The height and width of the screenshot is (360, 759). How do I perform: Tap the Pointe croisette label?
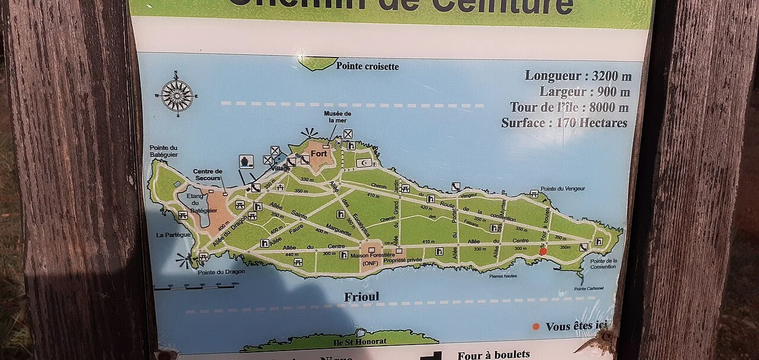(367, 66)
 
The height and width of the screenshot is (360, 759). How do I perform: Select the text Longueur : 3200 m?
(578, 77)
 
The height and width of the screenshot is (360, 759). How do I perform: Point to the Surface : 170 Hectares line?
(564, 123)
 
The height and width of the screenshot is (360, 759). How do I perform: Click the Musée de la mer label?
(337, 117)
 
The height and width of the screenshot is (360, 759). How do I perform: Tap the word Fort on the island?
(319, 154)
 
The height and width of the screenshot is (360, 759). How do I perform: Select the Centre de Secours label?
(208, 175)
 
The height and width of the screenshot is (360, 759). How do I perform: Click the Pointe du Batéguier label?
(164, 151)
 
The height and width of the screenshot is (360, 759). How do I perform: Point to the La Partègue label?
(173, 235)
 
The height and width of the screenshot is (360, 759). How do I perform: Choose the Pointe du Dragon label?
(213, 273)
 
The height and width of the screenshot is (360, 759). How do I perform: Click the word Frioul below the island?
(361, 297)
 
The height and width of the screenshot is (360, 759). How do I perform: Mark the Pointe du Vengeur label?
(563, 189)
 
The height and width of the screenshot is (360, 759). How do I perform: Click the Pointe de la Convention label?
(603, 264)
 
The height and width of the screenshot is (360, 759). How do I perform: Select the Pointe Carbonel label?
(589, 289)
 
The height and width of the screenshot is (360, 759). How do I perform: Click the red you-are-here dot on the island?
(543, 251)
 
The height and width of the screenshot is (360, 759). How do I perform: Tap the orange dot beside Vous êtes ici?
(536, 326)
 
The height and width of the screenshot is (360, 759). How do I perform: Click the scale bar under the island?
(196, 287)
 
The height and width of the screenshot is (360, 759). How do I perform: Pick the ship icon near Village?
(246, 161)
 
